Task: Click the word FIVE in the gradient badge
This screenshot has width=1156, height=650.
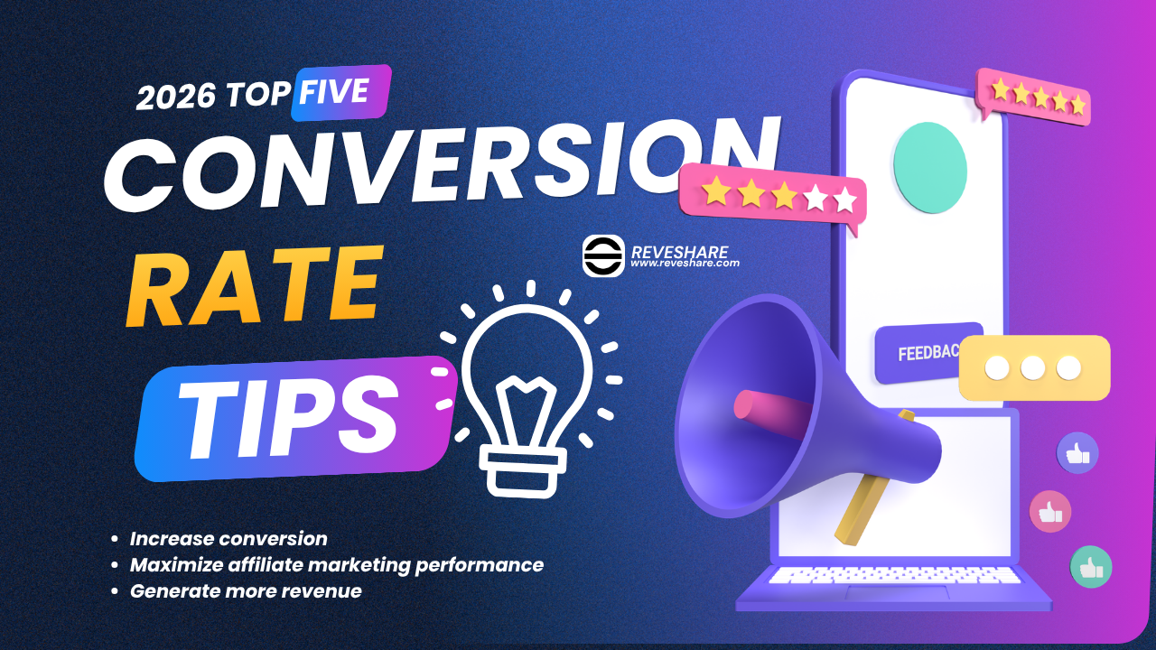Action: click(x=334, y=91)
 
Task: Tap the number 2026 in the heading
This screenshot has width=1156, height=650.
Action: click(x=176, y=97)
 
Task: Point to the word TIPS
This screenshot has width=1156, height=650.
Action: click(x=290, y=417)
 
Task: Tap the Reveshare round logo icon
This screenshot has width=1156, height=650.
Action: click(x=603, y=255)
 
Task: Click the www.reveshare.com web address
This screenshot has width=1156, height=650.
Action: click(x=685, y=263)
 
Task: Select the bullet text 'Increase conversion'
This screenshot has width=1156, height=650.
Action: click(x=228, y=539)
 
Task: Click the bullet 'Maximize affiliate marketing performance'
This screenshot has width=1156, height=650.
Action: click(x=337, y=565)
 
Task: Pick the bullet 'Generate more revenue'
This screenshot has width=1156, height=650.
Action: click(x=246, y=591)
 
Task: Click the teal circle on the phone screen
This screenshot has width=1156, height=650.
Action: click(x=930, y=168)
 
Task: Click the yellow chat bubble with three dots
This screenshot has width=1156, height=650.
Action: click(x=1034, y=367)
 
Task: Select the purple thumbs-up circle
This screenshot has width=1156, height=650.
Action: click(x=1077, y=453)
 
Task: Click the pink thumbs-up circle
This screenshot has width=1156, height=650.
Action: click(x=1050, y=512)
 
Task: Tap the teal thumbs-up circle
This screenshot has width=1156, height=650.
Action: click(x=1091, y=567)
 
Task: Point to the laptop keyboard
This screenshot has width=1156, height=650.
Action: click(x=894, y=575)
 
